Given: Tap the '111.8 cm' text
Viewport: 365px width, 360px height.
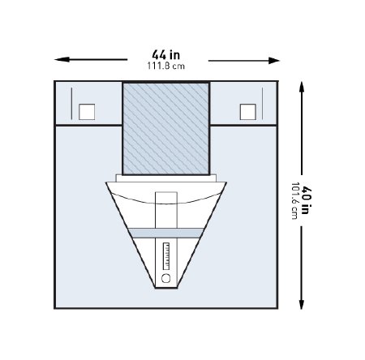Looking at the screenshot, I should (x=167, y=66).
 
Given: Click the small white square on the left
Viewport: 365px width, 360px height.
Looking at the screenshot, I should (x=87, y=111).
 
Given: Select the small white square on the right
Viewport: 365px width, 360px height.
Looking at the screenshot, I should (x=249, y=111).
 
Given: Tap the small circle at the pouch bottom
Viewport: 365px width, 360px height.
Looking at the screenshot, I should (x=167, y=277).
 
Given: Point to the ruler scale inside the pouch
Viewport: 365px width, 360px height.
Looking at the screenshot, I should (x=167, y=255).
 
